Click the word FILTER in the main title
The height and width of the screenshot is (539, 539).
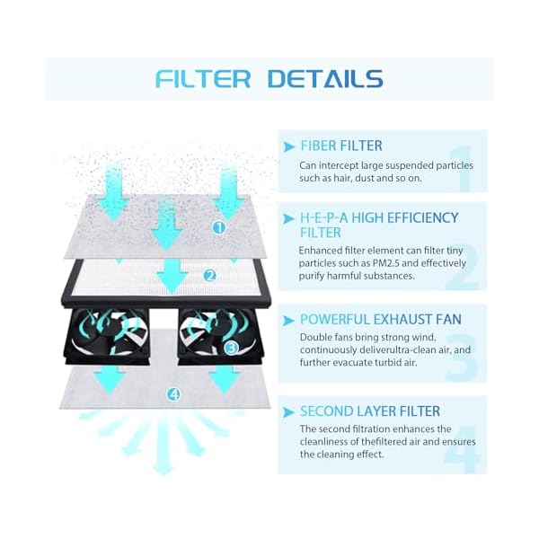pyautogui.click(x=203, y=78)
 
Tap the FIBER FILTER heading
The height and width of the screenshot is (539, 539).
pyautogui.click(x=341, y=146)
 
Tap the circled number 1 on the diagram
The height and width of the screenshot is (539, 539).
pyautogui.click(x=218, y=227)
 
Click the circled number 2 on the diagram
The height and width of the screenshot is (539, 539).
pyautogui.click(x=210, y=275)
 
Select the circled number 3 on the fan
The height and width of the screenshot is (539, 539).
pyautogui.click(x=231, y=347)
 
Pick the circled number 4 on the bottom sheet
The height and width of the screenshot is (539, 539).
pyautogui.click(x=173, y=393)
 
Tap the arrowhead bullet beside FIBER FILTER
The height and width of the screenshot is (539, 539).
pyautogui.click(x=288, y=146)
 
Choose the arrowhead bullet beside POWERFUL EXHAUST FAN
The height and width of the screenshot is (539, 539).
pyautogui.click(x=288, y=319)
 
